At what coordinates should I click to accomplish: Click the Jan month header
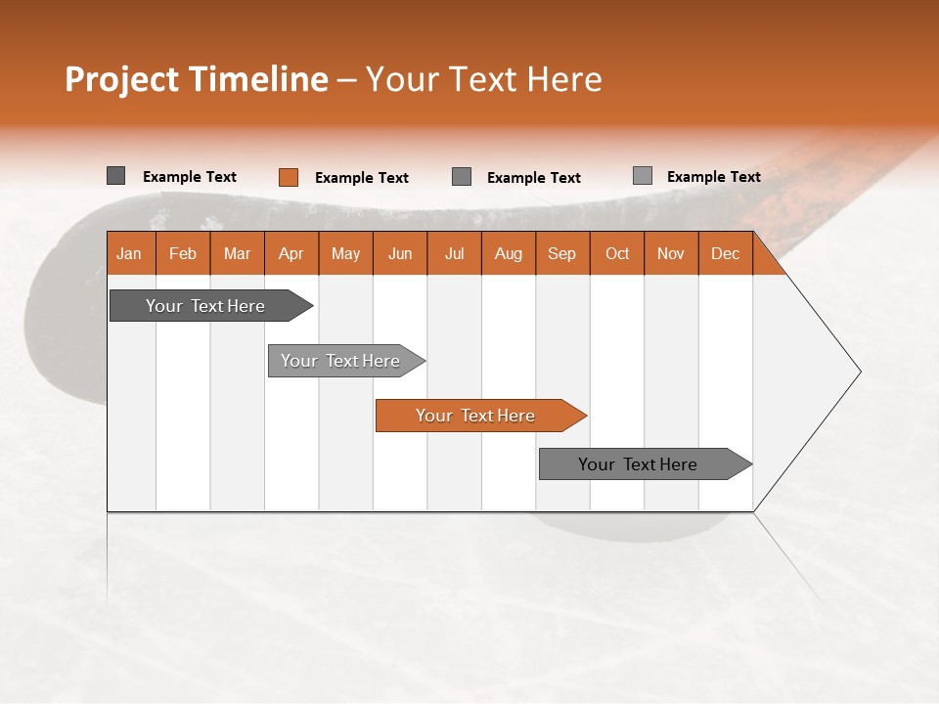129,253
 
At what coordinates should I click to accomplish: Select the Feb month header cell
183,253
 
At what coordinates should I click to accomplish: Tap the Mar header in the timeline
237,253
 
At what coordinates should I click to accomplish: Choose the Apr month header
291,253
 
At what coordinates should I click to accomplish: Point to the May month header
345,253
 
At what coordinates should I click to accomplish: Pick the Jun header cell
400,253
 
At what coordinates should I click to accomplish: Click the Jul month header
454,253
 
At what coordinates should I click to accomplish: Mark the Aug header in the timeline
508,253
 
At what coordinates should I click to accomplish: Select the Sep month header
561,253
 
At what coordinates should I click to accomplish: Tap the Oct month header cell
617,253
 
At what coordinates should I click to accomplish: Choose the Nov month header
671,253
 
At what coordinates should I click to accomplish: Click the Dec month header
725,253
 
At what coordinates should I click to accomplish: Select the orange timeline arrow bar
476,416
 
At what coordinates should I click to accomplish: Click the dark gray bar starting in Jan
206,306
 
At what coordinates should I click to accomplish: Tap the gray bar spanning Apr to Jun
341,361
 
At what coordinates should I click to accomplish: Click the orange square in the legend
288,177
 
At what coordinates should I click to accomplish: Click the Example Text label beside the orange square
362,178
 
